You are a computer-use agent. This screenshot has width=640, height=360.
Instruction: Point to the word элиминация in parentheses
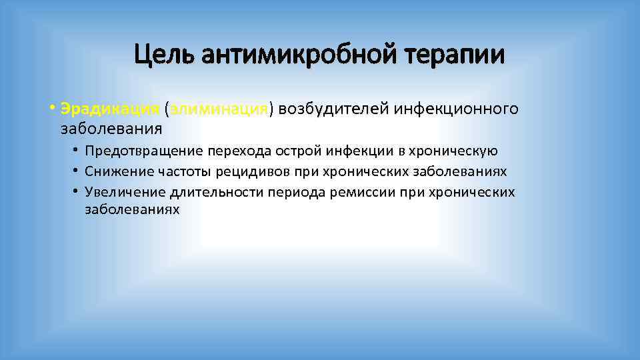[x=219, y=108]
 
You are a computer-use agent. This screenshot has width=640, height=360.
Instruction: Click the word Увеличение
[x=125, y=193]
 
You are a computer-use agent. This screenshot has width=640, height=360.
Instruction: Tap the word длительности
[x=216, y=193]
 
